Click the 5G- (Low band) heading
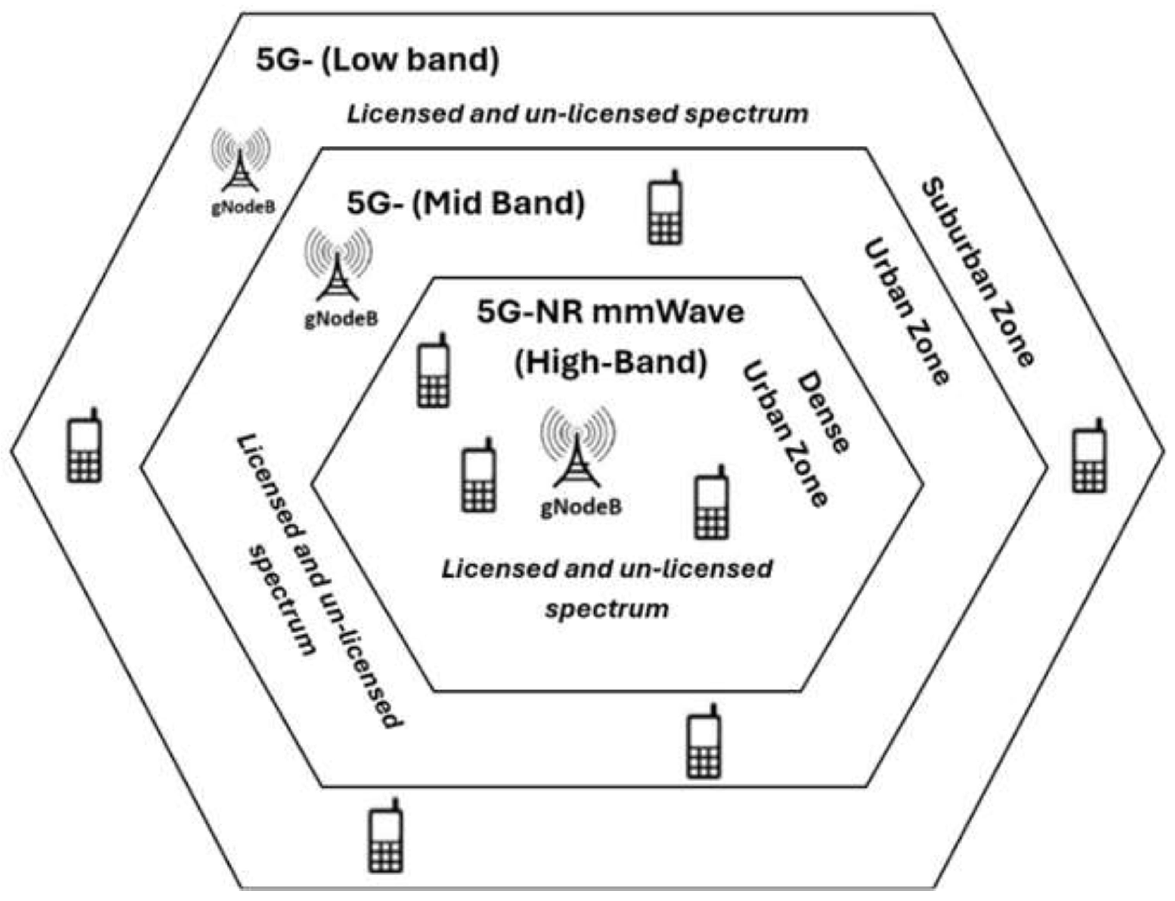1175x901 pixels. coord(377,60)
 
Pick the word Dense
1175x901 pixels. coord(823,412)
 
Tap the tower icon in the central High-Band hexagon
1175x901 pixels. coord(577,447)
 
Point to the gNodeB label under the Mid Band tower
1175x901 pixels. coord(341,319)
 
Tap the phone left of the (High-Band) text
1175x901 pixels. coord(434,371)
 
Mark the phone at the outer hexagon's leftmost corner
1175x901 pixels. coord(84,446)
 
